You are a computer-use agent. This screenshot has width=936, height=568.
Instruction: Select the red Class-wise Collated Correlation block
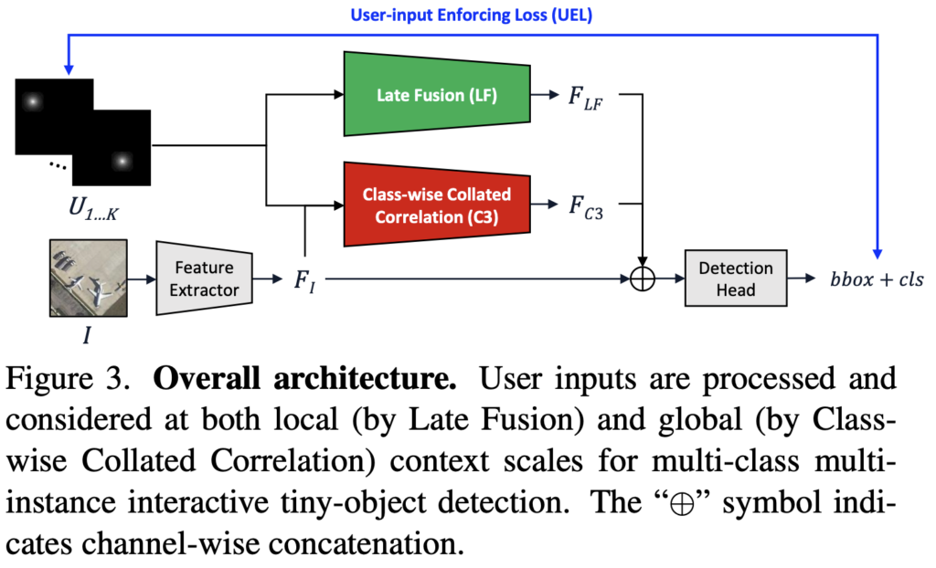[x=436, y=205]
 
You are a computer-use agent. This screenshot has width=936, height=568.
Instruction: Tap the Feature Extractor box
[x=204, y=279]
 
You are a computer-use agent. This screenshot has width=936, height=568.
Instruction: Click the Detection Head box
[x=736, y=279]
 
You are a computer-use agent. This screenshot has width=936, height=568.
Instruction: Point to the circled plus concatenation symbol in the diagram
[x=644, y=279]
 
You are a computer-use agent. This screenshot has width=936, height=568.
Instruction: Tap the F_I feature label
[x=304, y=279]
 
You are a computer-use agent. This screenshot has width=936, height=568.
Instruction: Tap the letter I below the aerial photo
[x=87, y=335]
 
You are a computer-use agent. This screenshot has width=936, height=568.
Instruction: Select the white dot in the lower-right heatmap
[x=120, y=161]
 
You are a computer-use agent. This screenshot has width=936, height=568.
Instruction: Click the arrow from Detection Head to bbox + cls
[x=805, y=279]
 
